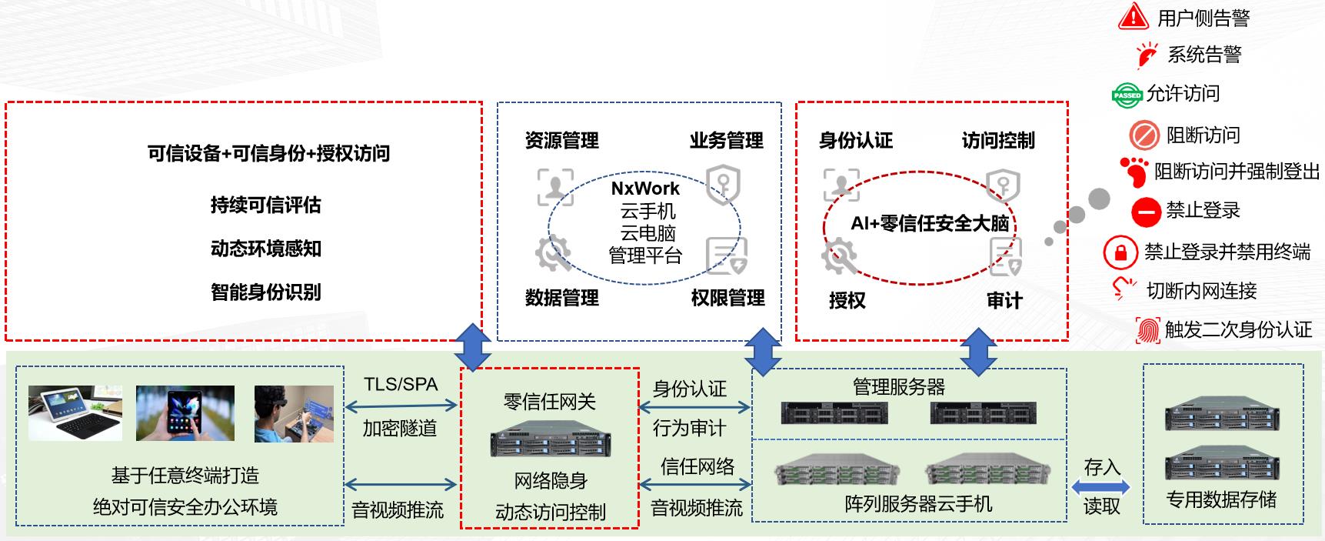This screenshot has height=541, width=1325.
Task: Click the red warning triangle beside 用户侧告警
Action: click(1133, 16)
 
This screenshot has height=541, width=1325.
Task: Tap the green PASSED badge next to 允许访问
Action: click(1127, 95)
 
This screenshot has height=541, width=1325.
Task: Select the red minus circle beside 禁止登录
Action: click(1145, 211)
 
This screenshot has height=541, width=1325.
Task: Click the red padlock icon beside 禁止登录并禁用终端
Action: click(1120, 252)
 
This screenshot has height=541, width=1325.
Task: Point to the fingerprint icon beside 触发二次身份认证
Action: click(1147, 330)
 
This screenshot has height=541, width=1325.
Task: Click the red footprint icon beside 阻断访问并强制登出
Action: click(1135, 172)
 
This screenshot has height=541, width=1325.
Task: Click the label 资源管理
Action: click(561, 141)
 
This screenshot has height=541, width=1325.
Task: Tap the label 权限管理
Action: click(727, 298)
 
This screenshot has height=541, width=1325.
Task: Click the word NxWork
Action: click(645, 189)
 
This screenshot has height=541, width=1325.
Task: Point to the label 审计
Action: click(1004, 300)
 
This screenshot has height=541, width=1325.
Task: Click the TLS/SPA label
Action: click(401, 384)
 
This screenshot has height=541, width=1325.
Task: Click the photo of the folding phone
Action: click(185, 413)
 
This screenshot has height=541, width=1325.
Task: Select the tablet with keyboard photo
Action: click(75, 413)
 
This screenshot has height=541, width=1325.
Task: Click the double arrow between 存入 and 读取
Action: click(1101, 487)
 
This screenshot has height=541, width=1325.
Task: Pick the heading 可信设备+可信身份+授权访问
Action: click(268, 154)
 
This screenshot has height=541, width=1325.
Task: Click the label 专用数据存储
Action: click(1221, 500)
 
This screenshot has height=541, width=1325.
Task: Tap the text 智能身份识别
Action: click(265, 292)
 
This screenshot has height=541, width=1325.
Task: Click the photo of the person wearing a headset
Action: click(294, 413)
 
